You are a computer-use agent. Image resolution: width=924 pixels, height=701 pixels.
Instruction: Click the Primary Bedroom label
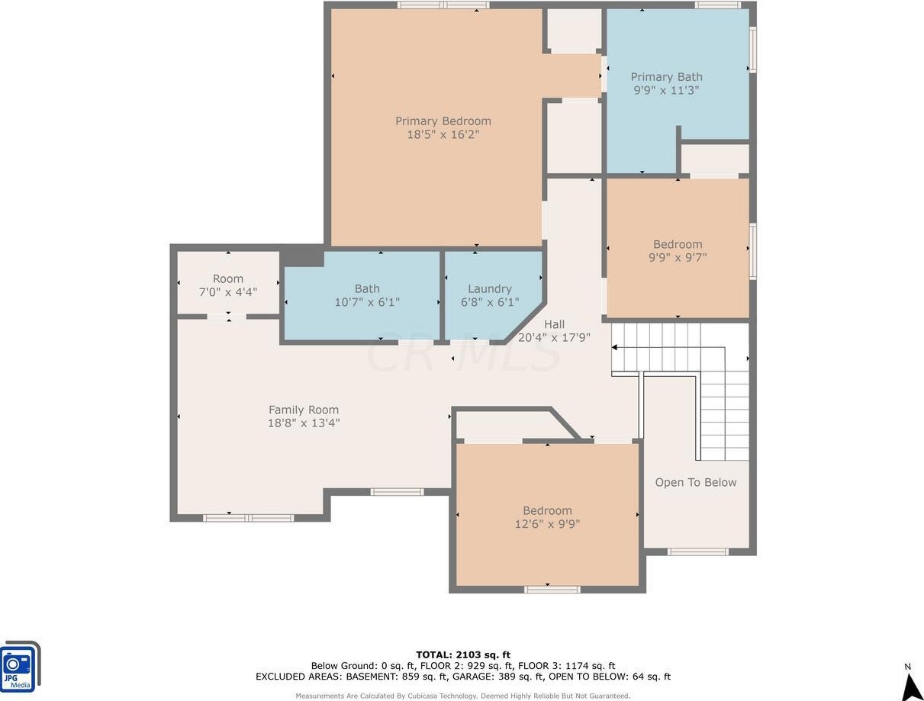click(443, 121)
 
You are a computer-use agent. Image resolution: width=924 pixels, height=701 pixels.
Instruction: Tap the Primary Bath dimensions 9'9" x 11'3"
click(666, 90)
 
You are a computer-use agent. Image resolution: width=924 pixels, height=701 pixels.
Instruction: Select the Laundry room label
click(490, 288)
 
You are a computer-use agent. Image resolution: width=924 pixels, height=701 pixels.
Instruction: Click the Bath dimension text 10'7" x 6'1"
click(367, 302)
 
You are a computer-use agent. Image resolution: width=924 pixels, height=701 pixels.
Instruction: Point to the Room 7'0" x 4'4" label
click(227, 285)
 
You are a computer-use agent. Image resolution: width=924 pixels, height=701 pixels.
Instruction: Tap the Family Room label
click(304, 410)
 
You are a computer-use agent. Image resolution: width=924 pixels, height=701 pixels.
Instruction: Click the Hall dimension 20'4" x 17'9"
click(554, 337)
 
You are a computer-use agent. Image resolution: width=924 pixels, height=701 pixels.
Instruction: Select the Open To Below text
click(695, 482)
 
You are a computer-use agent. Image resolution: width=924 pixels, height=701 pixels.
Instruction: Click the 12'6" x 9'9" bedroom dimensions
click(547, 524)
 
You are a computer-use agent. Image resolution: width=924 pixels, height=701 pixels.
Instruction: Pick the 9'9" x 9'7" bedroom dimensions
click(678, 257)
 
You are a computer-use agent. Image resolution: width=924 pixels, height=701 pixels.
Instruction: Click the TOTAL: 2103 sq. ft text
click(463, 654)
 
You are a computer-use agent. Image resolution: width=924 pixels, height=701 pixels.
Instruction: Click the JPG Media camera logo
click(20, 667)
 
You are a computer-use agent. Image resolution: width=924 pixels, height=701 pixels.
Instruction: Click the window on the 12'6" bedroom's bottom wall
click(552, 590)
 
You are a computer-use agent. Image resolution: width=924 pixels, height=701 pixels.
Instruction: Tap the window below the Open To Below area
click(697, 551)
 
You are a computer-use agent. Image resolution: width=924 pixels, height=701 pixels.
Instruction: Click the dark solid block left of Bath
click(301, 256)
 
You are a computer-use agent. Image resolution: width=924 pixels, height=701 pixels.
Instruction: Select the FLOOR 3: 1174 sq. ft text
click(566, 666)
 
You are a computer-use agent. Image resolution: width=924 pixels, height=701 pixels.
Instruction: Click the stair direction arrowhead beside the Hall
click(614, 348)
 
